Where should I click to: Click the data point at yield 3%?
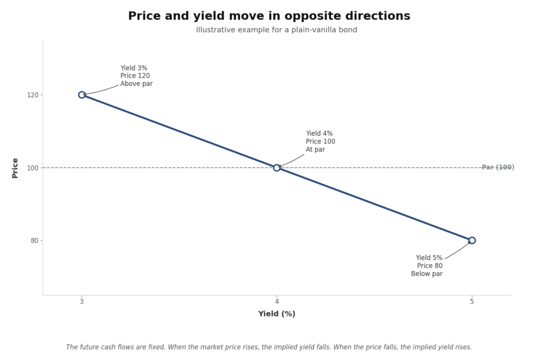click(x=82, y=95)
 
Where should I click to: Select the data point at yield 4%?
click(x=276, y=168)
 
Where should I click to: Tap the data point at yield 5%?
click(x=472, y=240)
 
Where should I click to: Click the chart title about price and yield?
click(x=269, y=16)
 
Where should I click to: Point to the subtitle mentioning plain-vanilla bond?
click(x=276, y=30)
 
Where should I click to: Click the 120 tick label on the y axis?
click(x=34, y=95)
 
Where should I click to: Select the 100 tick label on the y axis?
click(x=34, y=168)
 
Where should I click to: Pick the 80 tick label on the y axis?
click(x=35, y=240)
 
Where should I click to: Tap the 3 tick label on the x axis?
click(x=82, y=302)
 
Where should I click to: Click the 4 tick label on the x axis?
click(x=276, y=302)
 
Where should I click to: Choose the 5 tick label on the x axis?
click(x=472, y=302)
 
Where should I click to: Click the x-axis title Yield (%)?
click(x=276, y=314)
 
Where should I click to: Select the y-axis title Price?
click(x=15, y=168)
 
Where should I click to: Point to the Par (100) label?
click(x=498, y=168)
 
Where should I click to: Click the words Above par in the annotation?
click(x=136, y=84)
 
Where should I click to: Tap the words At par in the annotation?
click(x=315, y=149)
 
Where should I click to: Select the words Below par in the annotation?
click(x=427, y=274)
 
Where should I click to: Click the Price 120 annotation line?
click(x=135, y=76)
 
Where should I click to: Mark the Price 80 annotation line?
click(x=430, y=266)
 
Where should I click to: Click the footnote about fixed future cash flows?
click(x=269, y=347)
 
